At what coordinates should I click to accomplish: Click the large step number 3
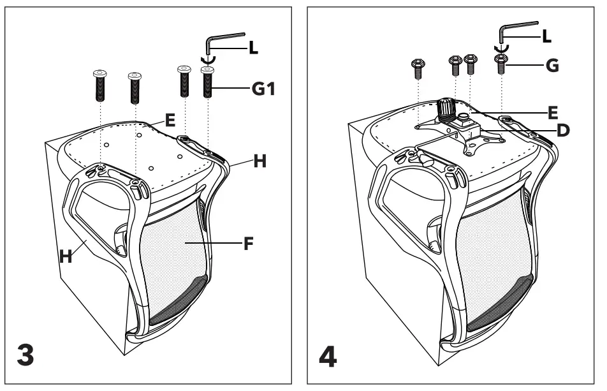click(25, 355)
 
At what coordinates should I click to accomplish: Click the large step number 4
click(327, 355)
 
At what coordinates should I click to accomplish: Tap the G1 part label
click(263, 91)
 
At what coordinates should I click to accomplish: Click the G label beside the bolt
click(552, 65)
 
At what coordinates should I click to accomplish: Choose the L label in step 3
click(253, 47)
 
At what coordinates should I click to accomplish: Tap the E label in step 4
click(552, 113)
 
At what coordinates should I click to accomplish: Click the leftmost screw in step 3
click(99, 87)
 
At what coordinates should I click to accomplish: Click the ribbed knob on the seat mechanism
click(444, 110)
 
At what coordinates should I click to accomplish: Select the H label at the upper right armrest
click(259, 162)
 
